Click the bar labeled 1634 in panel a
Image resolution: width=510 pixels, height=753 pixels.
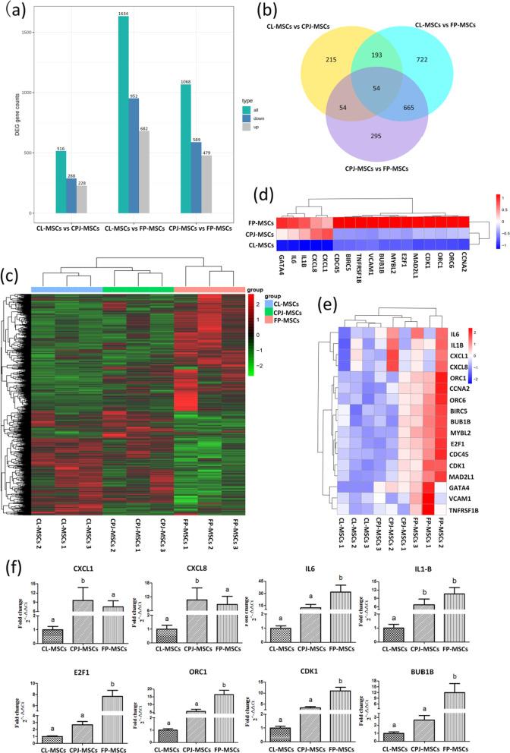pos(123,114)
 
